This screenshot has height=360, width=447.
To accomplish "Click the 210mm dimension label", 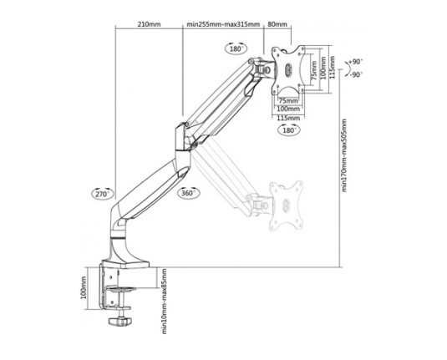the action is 149,24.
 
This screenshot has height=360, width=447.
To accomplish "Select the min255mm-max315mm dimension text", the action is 223,24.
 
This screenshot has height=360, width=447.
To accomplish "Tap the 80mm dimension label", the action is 277,24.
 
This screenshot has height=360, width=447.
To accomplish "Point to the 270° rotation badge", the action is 103,194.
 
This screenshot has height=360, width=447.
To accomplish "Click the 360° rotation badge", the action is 189,193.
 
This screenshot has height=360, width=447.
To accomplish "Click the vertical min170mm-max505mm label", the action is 344,155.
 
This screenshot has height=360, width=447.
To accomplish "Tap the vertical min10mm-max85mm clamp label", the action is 164,302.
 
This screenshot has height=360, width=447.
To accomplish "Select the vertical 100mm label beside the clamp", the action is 84,287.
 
